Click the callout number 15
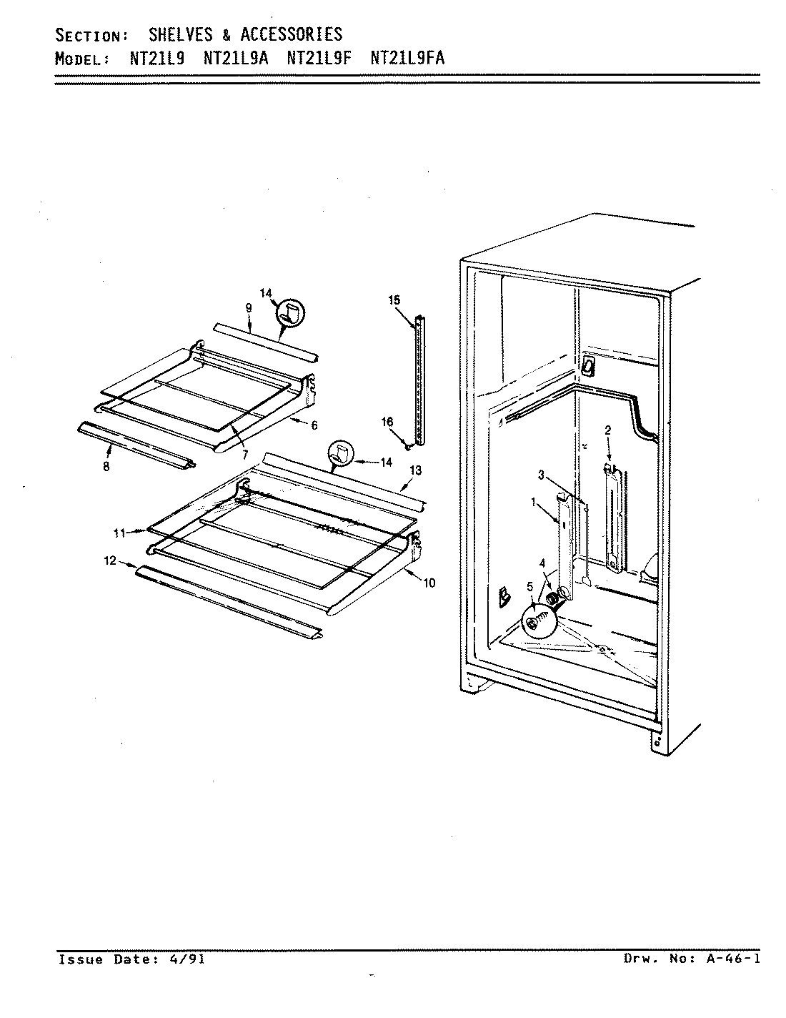394,300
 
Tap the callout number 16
387,422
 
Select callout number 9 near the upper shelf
248,307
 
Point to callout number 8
106,467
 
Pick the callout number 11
119,533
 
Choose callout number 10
428,583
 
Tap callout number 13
416,470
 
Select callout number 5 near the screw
529,587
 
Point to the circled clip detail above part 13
341,453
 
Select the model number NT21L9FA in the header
407,59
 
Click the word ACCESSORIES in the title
291,34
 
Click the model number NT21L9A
237,59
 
